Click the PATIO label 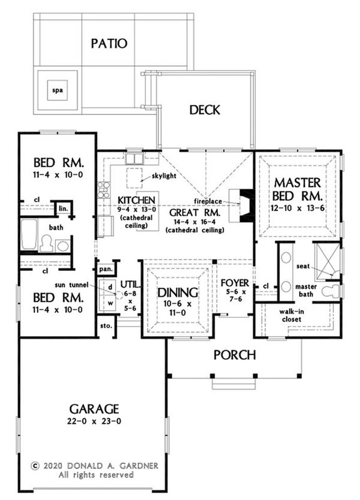109,43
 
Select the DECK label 204,110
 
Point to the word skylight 159,176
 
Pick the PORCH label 234,355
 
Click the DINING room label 178,292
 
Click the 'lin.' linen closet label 64,208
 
